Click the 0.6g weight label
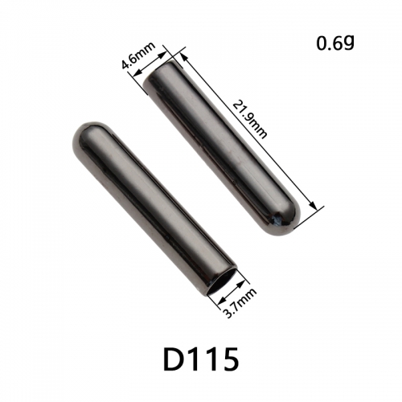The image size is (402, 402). (335, 43)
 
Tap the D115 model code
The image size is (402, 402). (201, 359)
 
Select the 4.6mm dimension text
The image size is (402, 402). (138, 55)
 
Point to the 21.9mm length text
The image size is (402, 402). (249, 119)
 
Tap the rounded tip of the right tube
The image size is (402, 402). (288, 223)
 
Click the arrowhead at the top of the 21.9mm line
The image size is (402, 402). (183, 56)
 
